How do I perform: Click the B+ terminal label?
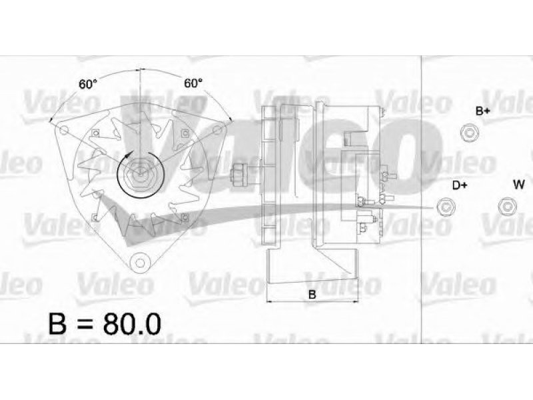482,111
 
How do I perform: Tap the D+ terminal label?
460,185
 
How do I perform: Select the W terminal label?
519,185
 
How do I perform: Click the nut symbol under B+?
470,132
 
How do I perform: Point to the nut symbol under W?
507,207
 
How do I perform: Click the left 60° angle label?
88,84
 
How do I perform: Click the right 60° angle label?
193,83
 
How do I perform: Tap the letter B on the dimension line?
312,295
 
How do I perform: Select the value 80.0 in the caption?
132,323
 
